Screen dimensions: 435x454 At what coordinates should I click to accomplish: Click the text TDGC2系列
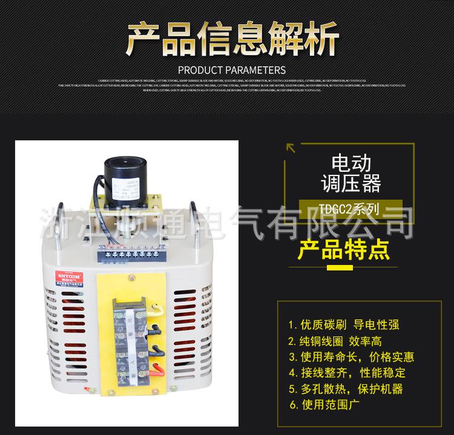[x=349, y=209]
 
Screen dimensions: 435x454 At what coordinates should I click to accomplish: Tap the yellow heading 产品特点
[x=343, y=250]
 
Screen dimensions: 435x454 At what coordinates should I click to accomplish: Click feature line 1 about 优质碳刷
[x=343, y=325]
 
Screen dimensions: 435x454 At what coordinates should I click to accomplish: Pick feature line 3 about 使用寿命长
[x=351, y=357]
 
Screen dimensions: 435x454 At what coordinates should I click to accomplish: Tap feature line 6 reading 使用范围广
[x=323, y=405]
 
